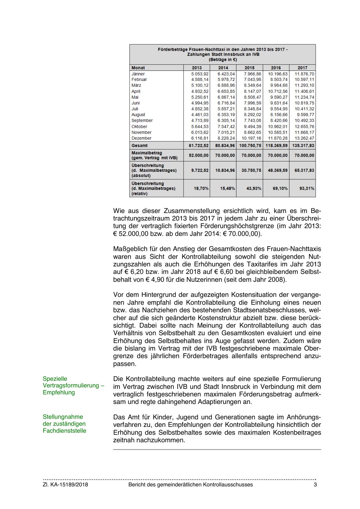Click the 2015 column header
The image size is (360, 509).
click(x=249, y=68)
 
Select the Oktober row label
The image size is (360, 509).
click(x=139, y=127)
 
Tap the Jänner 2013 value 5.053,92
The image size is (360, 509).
click(x=200, y=74)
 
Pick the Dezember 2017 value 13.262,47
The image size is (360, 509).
click(x=304, y=138)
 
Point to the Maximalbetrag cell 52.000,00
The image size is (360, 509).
click(x=199, y=155)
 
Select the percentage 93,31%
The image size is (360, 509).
click(x=307, y=188)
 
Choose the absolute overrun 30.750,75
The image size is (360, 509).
click(x=251, y=170)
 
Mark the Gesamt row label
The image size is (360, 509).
click(x=140, y=145)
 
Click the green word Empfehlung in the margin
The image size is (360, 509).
click(x=59, y=392)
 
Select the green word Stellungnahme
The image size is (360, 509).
click(x=63, y=417)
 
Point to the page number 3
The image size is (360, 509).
click(x=315, y=485)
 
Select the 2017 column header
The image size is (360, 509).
click(x=302, y=68)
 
